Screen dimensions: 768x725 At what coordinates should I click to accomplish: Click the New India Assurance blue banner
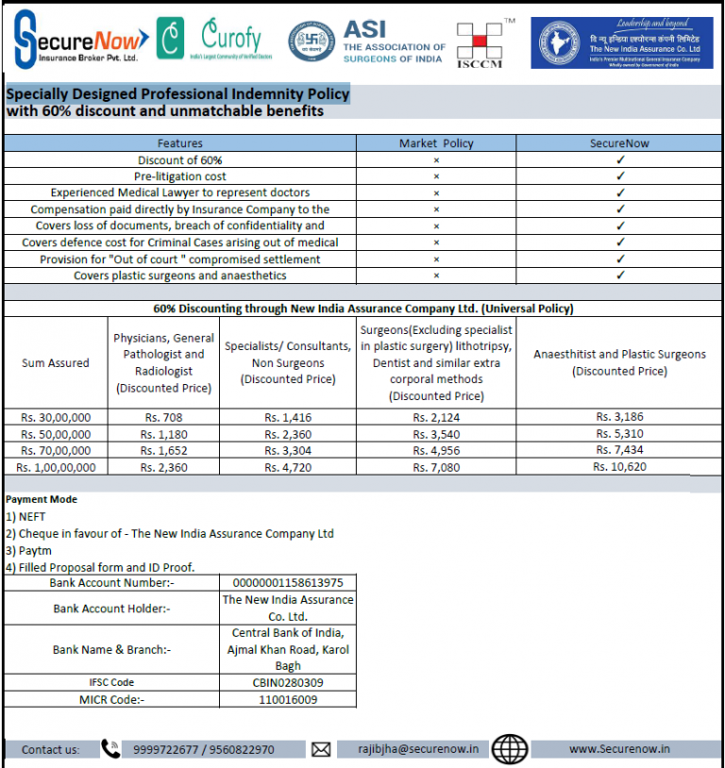621,42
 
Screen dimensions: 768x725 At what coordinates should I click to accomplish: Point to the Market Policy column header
436,143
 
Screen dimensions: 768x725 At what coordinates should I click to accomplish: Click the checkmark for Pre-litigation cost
620,176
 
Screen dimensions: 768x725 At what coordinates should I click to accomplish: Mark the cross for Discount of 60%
436,160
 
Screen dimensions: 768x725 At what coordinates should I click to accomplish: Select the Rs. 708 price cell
163,417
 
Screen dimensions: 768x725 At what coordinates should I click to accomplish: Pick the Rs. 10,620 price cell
619,466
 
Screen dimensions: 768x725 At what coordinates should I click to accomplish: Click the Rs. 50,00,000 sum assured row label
56,434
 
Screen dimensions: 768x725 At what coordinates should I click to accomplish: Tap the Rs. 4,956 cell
436,450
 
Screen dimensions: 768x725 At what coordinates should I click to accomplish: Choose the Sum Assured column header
56,362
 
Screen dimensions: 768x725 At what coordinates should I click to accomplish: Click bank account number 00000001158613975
288,583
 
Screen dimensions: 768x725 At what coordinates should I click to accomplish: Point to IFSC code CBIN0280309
288,682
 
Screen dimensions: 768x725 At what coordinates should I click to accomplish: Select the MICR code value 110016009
288,699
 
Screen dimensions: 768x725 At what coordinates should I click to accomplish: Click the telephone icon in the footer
110,749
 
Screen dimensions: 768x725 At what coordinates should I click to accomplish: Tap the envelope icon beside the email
321,749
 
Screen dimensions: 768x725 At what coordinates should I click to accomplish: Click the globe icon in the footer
510,748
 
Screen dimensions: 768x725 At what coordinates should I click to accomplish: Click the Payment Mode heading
42,499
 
